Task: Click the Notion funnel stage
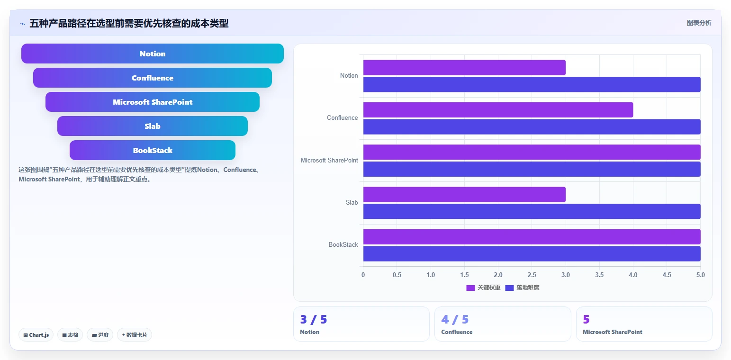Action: pyautogui.click(x=153, y=54)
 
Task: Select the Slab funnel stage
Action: pyautogui.click(x=153, y=126)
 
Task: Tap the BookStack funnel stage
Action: pyautogui.click(x=153, y=150)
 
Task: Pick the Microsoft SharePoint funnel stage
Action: pyautogui.click(x=153, y=102)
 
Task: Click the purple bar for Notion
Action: pyautogui.click(x=464, y=68)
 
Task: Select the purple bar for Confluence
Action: pyautogui.click(x=498, y=110)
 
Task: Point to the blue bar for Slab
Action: pyautogui.click(x=532, y=211)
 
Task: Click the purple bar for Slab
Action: pyautogui.click(x=464, y=195)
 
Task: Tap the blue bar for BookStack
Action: pyautogui.click(x=532, y=253)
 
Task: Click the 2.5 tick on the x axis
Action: pyautogui.click(x=532, y=275)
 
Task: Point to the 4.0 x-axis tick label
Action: pyautogui.click(x=633, y=275)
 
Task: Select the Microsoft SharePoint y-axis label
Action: pyautogui.click(x=329, y=160)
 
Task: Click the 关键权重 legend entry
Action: pyautogui.click(x=483, y=288)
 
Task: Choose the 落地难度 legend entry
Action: pyautogui.click(x=522, y=288)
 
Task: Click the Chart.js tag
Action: pyautogui.click(x=36, y=335)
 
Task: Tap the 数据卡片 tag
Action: pyautogui.click(x=135, y=335)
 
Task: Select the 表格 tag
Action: pyautogui.click(x=70, y=335)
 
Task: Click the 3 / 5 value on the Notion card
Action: pyautogui.click(x=313, y=319)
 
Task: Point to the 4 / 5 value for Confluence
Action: pyautogui.click(x=455, y=319)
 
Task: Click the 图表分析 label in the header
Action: pyautogui.click(x=699, y=23)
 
